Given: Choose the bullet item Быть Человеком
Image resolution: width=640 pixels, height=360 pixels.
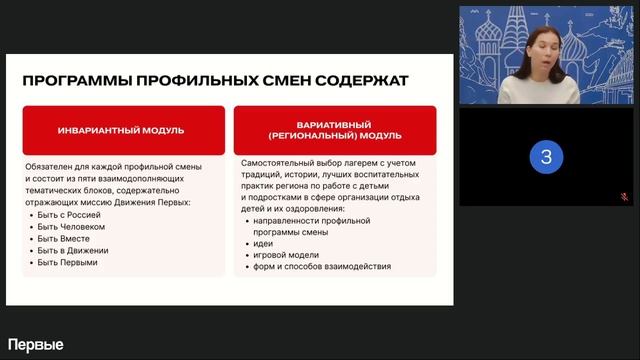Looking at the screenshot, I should (71, 227).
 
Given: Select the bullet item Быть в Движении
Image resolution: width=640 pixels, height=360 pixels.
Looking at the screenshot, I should (73, 251).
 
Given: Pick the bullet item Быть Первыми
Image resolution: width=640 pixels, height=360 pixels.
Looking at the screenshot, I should (68, 263).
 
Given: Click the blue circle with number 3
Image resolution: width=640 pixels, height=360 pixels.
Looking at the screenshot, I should (546, 157).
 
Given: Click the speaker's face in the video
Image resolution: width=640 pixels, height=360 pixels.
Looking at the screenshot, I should (540, 44).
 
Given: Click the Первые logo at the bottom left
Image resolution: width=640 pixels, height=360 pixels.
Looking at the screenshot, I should (36, 345).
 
